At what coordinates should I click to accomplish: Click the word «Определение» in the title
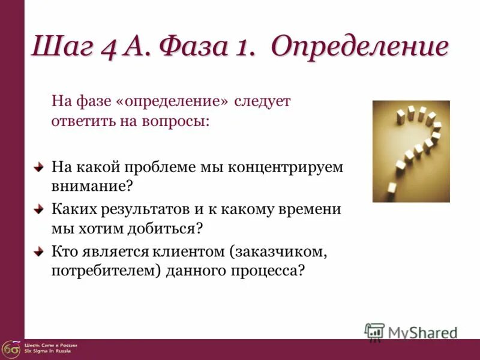point(359,47)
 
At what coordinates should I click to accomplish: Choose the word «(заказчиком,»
point(284,251)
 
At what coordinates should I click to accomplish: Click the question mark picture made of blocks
point(411,151)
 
